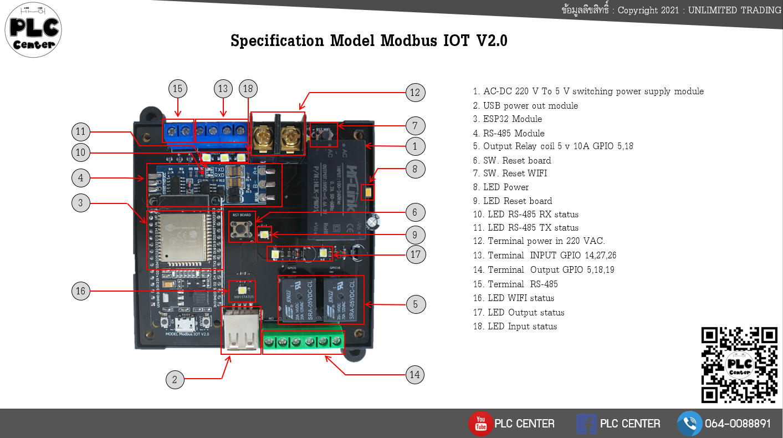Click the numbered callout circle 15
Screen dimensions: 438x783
(x=177, y=89)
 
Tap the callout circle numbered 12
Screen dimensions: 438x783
(x=415, y=93)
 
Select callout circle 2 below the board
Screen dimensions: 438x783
(x=175, y=380)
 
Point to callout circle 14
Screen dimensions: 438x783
(x=415, y=375)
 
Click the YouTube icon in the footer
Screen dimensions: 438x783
(x=480, y=424)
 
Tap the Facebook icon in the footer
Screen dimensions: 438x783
(x=586, y=424)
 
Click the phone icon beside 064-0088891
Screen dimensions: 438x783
(x=689, y=424)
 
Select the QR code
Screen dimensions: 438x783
(x=739, y=365)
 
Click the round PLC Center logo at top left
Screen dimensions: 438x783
(x=33, y=29)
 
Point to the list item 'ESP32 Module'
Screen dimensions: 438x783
(x=512, y=119)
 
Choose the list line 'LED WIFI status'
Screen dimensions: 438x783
(x=519, y=298)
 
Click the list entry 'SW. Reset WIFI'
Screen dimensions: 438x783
(x=515, y=174)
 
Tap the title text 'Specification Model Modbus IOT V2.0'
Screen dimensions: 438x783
(x=369, y=41)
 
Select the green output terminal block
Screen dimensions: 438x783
(x=303, y=342)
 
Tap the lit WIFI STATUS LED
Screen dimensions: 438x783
(x=243, y=289)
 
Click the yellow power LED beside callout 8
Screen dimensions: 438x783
(x=367, y=193)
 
